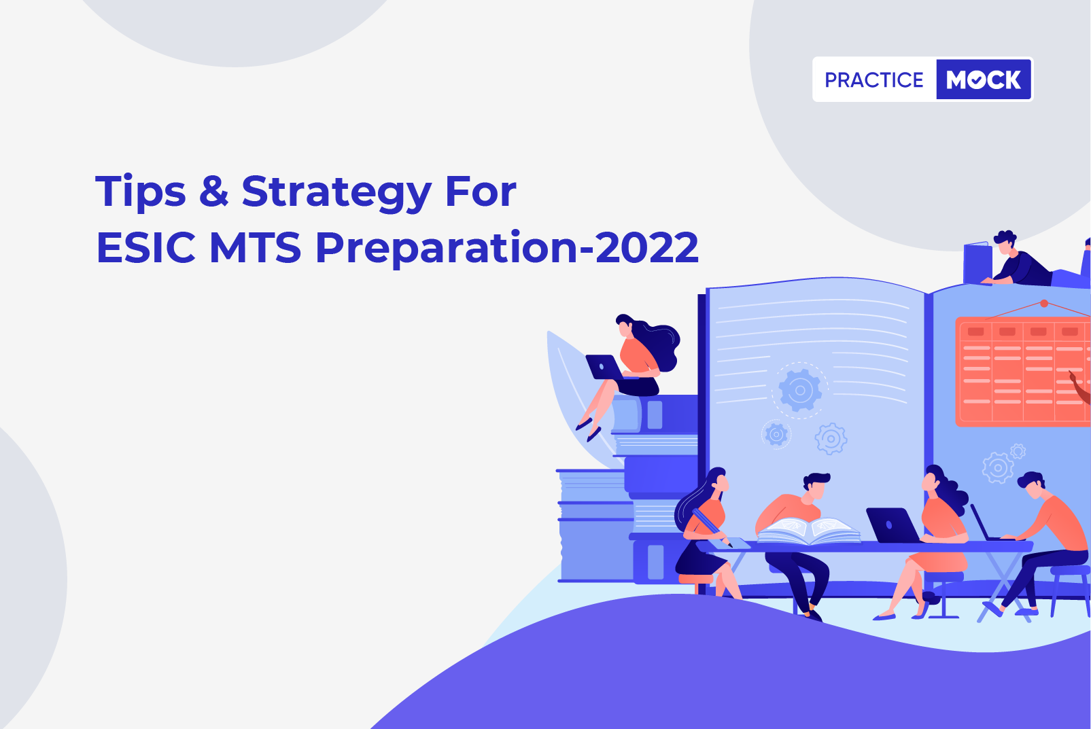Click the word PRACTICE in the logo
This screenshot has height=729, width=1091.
[x=873, y=79]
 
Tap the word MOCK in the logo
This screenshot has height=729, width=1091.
[x=984, y=79]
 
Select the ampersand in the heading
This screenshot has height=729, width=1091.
[x=214, y=191]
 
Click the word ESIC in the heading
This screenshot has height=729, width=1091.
[x=146, y=248]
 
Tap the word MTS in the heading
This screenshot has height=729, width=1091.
[x=255, y=248]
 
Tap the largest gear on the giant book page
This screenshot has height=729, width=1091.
[x=800, y=389]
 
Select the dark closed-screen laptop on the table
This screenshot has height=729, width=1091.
[x=893, y=525]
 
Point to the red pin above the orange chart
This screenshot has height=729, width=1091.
[x=1043, y=303]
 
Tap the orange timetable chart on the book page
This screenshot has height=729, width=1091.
[x=1023, y=372]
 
